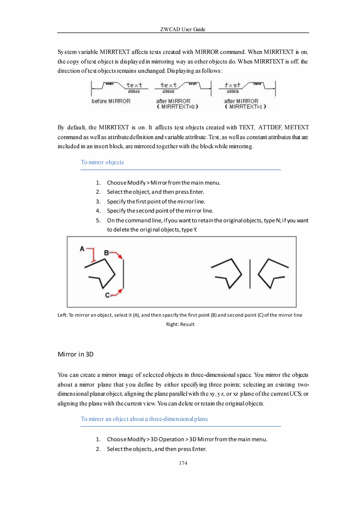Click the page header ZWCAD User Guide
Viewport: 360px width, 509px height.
[x=183, y=29]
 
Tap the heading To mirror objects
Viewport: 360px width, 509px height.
[x=102, y=162]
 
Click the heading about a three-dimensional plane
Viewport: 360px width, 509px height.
[x=144, y=419]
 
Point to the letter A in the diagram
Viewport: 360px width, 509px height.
[x=82, y=249]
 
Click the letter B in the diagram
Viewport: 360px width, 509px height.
[x=106, y=253]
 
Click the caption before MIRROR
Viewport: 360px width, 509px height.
[x=111, y=101]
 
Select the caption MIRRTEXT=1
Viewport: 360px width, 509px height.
[x=245, y=106]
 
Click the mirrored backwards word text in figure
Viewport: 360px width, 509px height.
[x=233, y=85]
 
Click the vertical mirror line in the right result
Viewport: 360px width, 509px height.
[x=250, y=273]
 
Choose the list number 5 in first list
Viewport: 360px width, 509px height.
[x=99, y=220]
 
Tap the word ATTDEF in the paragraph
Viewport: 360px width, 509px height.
[x=270, y=128]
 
